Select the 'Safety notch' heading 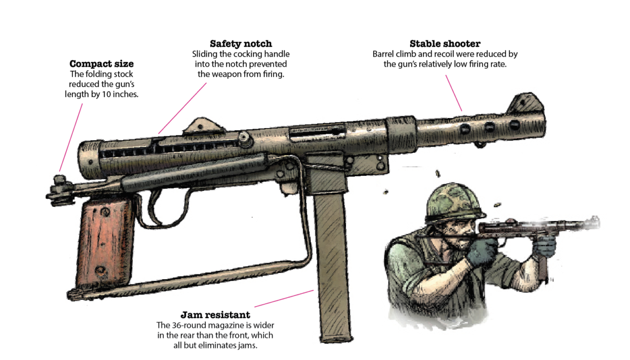tap(241, 44)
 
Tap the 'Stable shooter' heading tap(445, 44)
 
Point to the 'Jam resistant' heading tap(215, 315)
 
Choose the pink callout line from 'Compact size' tap(71, 137)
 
